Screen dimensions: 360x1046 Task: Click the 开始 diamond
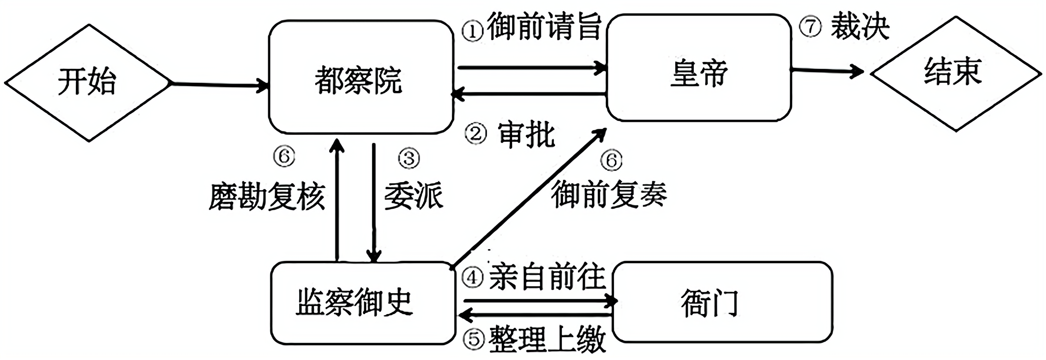pyautogui.click(x=87, y=82)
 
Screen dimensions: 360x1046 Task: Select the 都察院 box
pyautogui.click(x=360, y=77)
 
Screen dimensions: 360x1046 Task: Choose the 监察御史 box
pyautogui.click(x=362, y=303)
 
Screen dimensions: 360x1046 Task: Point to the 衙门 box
pyautogui.click(x=722, y=303)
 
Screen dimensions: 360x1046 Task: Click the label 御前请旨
pyautogui.click(x=544, y=27)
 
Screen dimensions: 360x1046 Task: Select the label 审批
pyautogui.click(x=526, y=135)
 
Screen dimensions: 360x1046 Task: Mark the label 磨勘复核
pyautogui.click(x=267, y=196)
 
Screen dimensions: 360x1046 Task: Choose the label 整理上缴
pyautogui.click(x=547, y=340)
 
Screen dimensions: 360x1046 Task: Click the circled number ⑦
pyautogui.click(x=810, y=26)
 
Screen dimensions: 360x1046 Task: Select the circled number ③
pyautogui.click(x=409, y=158)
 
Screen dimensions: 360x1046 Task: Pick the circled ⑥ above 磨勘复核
pyautogui.click(x=284, y=156)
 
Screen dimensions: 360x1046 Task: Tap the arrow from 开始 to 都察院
pyautogui.click(x=220, y=84)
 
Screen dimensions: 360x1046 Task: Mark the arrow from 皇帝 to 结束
pyautogui.click(x=827, y=71)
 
